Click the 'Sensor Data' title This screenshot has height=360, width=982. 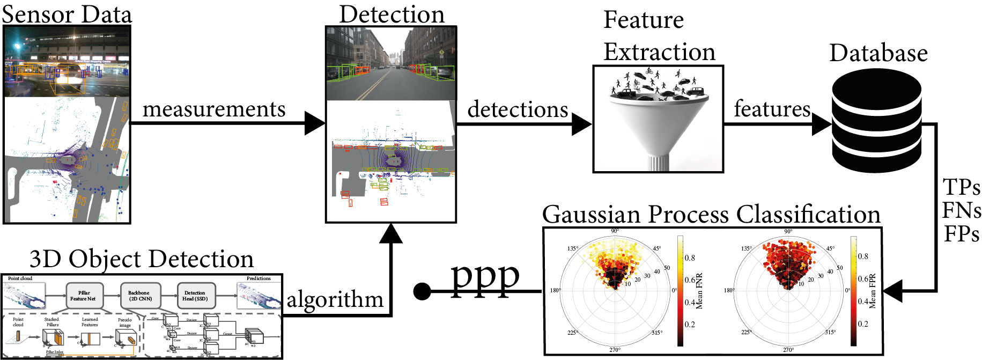point(67,14)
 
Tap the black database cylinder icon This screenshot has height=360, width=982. point(876,121)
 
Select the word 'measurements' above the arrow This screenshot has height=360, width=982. point(214,109)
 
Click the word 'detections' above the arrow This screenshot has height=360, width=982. point(518,109)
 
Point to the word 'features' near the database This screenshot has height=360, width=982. point(772,109)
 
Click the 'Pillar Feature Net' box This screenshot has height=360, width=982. point(83,296)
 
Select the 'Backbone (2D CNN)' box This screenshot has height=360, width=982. point(140,296)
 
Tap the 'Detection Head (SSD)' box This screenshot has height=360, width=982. point(195,296)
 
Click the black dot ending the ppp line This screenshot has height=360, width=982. point(423,291)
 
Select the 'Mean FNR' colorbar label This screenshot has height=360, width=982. point(699,291)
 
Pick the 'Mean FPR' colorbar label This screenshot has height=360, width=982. point(872,291)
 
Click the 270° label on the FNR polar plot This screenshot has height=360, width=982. point(615,350)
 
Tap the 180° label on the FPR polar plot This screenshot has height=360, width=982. point(728,290)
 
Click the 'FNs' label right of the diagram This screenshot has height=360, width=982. point(962,210)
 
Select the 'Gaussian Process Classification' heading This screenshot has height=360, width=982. point(711,215)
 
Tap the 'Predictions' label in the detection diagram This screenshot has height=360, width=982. point(259,278)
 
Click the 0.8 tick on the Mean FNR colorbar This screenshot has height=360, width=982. point(690,258)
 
